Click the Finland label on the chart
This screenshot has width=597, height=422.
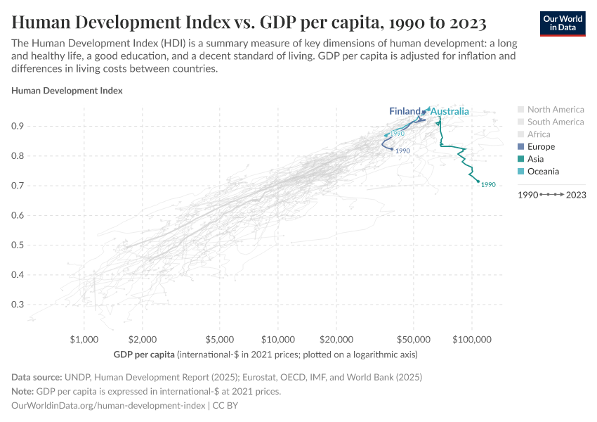[x=405, y=112]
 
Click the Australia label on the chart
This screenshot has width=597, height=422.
[x=450, y=112]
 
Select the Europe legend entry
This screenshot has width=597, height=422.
[x=541, y=147]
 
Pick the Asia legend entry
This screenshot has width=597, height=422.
[x=535, y=159]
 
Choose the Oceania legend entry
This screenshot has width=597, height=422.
[x=543, y=172]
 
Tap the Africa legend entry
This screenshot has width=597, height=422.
[x=539, y=134]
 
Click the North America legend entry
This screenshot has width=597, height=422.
[x=555, y=110]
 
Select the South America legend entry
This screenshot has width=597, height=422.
[x=555, y=122]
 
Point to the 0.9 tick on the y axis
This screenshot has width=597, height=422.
[x=37, y=127]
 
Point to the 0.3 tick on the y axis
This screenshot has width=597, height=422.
[x=37, y=305]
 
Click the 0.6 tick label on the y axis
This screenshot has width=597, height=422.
[x=37, y=216]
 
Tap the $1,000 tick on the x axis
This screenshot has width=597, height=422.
[x=84, y=340]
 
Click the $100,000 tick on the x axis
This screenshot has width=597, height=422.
[x=471, y=340]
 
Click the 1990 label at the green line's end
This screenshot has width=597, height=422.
[x=489, y=185]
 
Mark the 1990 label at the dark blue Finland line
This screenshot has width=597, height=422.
[x=402, y=151]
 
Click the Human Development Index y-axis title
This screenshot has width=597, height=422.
[x=67, y=91]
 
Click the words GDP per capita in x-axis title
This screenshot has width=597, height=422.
[x=144, y=353]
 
